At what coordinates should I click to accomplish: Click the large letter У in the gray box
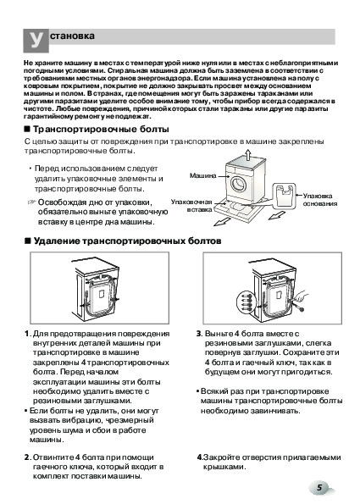click(x=36, y=40)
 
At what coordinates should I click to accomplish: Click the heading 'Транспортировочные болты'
click(x=101, y=130)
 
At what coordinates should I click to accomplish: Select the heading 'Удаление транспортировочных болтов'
click(x=127, y=241)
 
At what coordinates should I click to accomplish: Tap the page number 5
click(x=319, y=487)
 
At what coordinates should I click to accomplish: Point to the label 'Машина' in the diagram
click(x=202, y=175)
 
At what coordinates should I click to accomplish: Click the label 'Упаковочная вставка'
click(x=191, y=206)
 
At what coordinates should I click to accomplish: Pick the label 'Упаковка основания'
click(x=320, y=200)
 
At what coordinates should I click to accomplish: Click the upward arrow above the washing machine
click(x=247, y=155)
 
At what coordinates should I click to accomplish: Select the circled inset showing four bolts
click(x=246, y=302)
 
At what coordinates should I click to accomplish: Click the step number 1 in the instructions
click(x=27, y=334)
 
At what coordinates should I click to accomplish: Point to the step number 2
click(x=27, y=457)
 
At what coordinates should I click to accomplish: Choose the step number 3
click(x=199, y=334)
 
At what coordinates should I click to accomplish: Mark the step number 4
click(x=199, y=457)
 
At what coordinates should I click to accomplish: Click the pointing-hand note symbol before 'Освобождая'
click(x=31, y=202)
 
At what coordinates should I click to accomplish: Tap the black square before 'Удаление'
click(x=28, y=241)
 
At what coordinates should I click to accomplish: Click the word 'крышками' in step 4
click(x=224, y=467)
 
